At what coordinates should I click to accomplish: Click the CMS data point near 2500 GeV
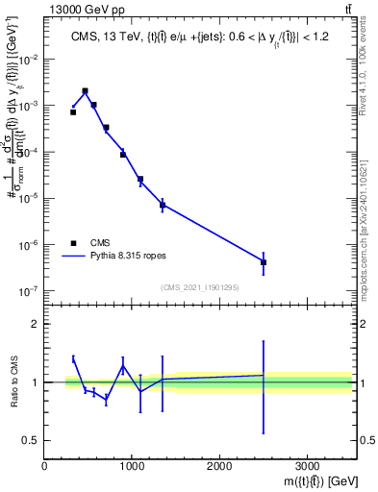(x=264, y=262)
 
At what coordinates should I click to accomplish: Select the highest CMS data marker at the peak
(x=86, y=91)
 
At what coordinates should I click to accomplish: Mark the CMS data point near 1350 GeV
(x=163, y=205)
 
